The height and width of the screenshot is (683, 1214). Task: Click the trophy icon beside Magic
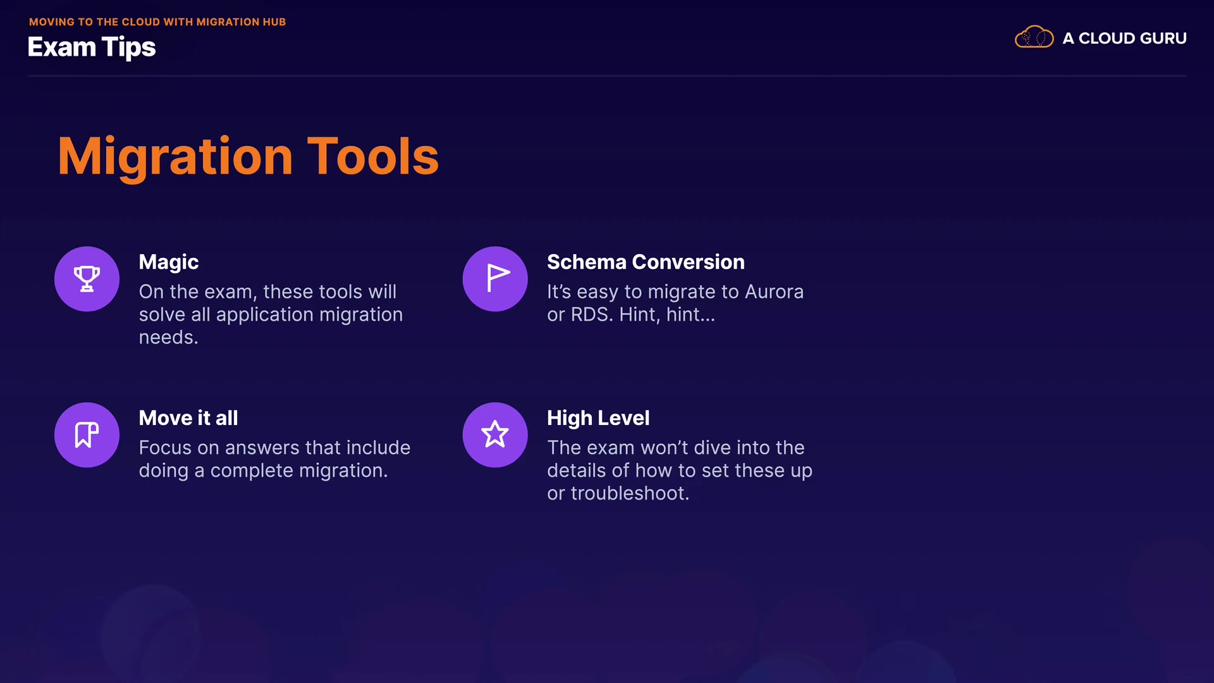click(87, 279)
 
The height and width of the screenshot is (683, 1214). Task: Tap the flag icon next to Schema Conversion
click(497, 278)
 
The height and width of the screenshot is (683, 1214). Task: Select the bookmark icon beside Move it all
click(87, 435)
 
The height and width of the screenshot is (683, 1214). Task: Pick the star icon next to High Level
click(495, 435)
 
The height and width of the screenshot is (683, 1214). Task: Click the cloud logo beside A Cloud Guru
click(1034, 37)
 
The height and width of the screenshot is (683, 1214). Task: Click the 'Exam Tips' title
click(92, 47)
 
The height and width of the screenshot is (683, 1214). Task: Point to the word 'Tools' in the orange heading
click(373, 156)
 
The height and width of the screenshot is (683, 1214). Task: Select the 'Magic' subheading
click(169, 262)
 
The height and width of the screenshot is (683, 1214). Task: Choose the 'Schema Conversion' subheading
click(646, 262)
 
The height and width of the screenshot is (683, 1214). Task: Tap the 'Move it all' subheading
click(188, 418)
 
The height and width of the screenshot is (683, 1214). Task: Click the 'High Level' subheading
click(598, 419)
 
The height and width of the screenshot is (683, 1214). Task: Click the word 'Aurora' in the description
click(774, 292)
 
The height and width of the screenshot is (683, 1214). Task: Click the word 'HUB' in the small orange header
click(274, 22)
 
